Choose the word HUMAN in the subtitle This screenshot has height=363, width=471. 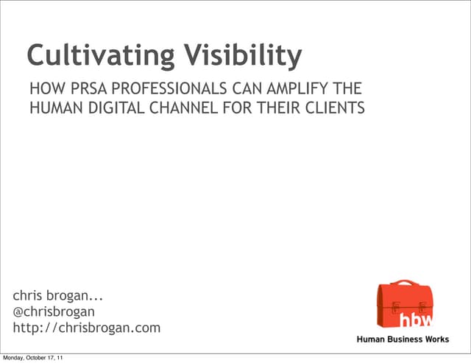tap(53, 109)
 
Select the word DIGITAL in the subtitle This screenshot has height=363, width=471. tap(110, 109)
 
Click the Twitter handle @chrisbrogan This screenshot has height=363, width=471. tap(54, 311)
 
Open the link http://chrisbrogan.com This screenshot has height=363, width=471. tap(87, 328)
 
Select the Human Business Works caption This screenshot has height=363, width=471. tap(403, 339)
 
